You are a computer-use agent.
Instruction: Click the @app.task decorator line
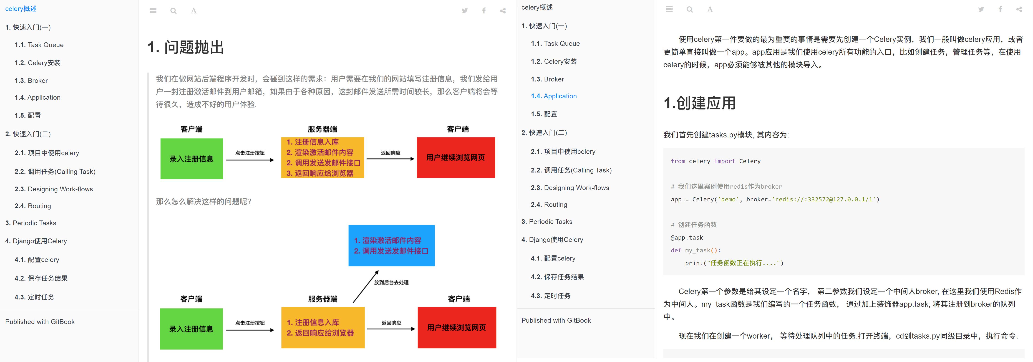687,238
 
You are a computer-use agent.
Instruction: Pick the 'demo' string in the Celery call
728,200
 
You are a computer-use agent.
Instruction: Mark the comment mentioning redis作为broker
726,187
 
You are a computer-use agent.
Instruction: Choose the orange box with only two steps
323,327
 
